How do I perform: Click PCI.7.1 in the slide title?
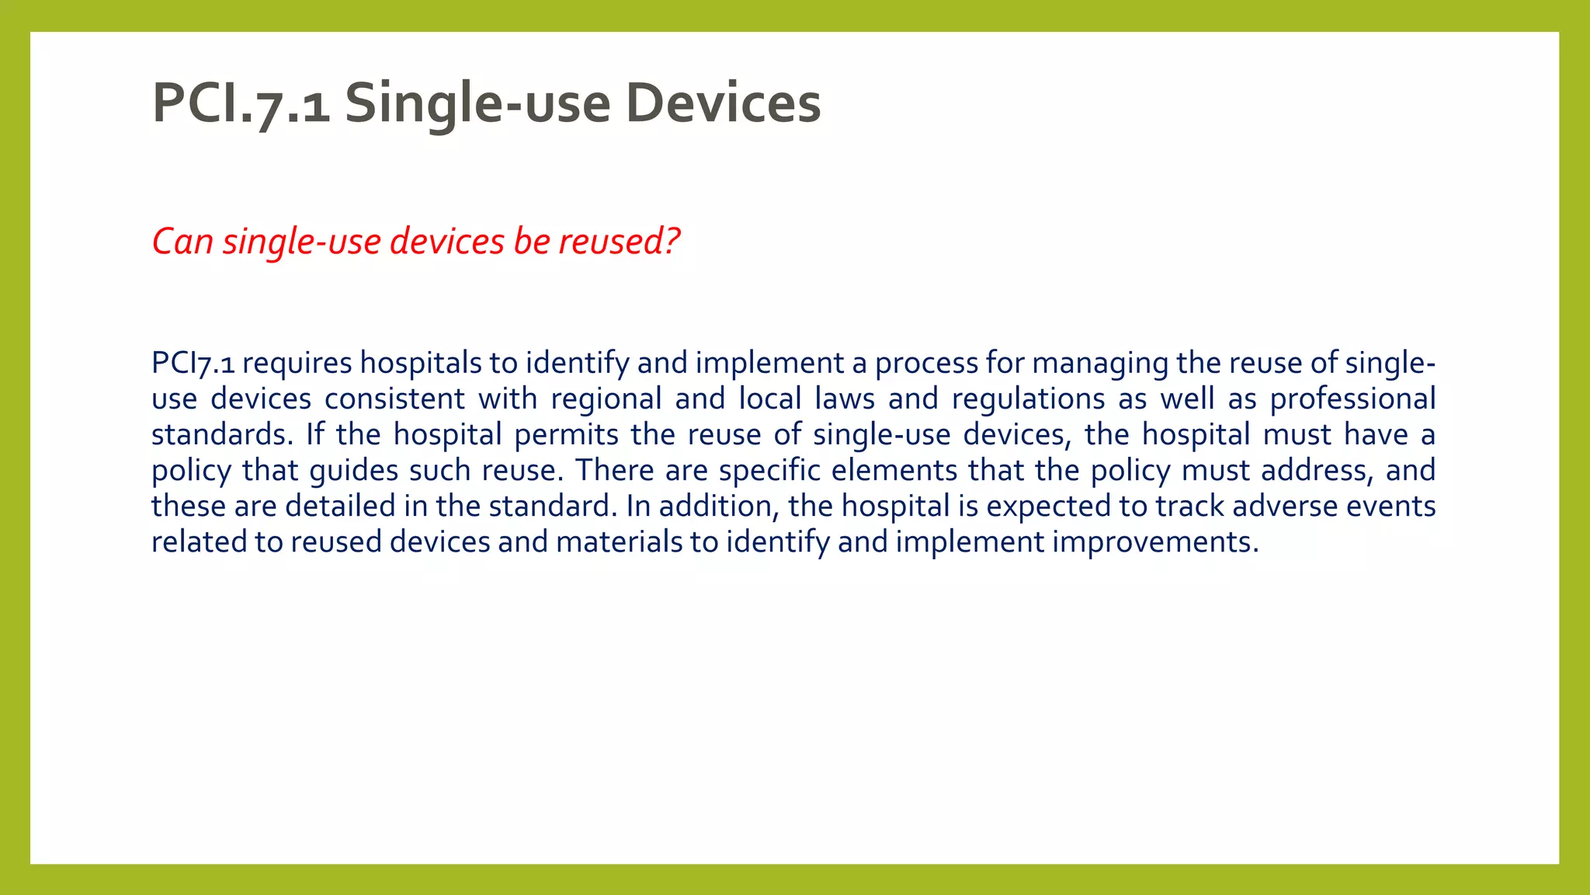(241, 103)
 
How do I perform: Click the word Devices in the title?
(723, 103)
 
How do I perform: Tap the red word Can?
(182, 242)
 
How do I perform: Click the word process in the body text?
(927, 364)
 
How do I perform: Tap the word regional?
(606, 399)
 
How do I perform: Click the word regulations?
(1028, 399)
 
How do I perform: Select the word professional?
(1352, 399)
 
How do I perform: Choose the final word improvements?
(1154, 542)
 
